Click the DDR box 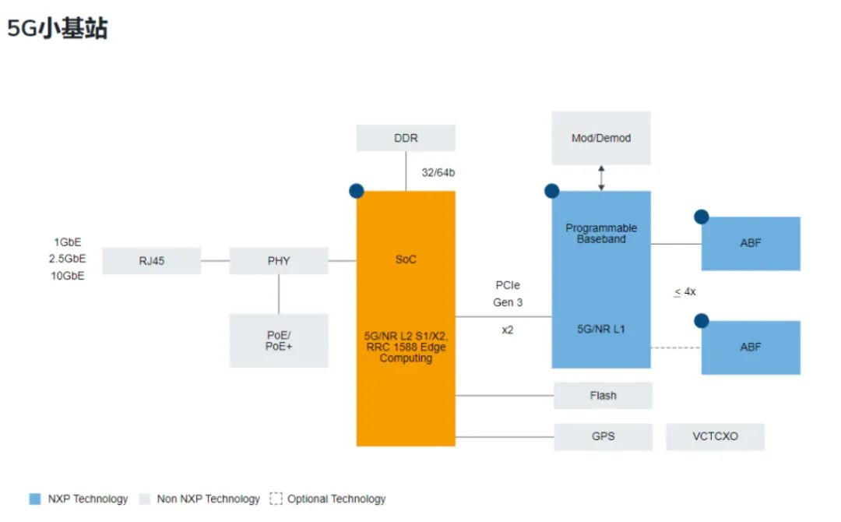[x=406, y=138]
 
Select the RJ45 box [x=152, y=261]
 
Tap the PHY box [x=279, y=261]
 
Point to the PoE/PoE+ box [x=279, y=340]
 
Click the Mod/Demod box [x=601, y=138]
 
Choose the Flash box [x=603, y=396]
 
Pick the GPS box [x=603, y=436]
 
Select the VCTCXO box [x=715, y=436]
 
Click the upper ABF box [x=751, y=243]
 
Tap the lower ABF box [x=751, y=347]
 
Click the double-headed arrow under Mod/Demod [x=601, y=178]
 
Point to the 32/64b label [x=438, y=172]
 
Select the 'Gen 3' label [x=508, y=302]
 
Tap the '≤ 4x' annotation [x=684, y=292]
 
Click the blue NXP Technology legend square [x=35, y=499]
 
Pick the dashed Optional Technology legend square [x=276, y=499]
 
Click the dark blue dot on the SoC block [x=357, y=190]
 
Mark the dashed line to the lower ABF [x=675, y=347]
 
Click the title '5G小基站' [x=58, y=29]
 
